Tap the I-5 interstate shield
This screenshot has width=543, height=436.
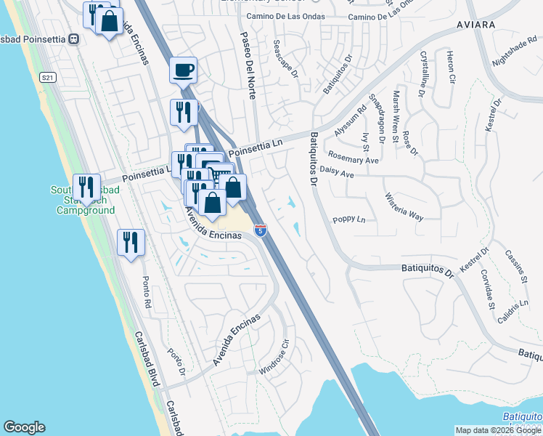coord(261,230)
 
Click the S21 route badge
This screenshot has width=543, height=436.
coord(48,78)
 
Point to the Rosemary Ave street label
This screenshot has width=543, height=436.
coord(354,158)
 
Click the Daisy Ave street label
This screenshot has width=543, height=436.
coord(337,175)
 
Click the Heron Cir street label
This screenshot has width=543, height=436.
coord(451,67)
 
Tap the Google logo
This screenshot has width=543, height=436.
coord(24,427)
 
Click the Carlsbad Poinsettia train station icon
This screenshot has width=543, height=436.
coord(73,39)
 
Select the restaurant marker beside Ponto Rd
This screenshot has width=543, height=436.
coord(131,243)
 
